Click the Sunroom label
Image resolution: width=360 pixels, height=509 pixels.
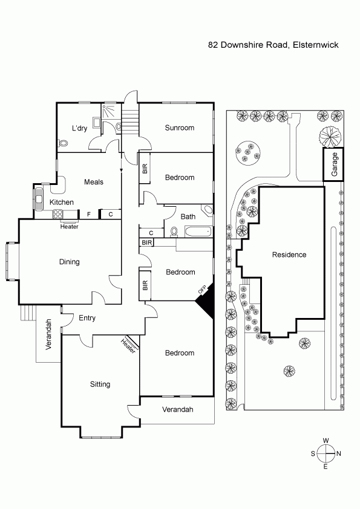(179, 128)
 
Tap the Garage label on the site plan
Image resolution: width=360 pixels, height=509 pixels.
(335, 164)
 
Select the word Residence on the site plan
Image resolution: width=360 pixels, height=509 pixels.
(289, 254)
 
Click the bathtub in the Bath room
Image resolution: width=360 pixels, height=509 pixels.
(198, 232)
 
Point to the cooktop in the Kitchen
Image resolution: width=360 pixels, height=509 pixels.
(58, 214)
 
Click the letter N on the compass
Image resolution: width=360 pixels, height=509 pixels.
(339, 453)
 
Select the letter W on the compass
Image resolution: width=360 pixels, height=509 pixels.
(326, 441)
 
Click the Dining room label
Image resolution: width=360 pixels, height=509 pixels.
(69, 262)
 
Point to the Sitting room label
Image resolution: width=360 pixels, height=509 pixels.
(100, 384)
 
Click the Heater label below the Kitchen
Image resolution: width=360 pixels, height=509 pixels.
(69, 227)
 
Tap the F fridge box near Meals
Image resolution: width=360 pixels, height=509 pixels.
(89, 214)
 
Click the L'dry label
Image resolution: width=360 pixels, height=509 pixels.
(79, 128)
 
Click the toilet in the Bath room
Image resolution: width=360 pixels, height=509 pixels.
(174, 232)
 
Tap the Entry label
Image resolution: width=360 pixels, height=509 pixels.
(87, 318)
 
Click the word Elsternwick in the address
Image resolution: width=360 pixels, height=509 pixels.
(315, 45)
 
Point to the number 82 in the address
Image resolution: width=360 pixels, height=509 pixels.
(213, 45)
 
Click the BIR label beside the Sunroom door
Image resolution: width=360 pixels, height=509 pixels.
(145, 168)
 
